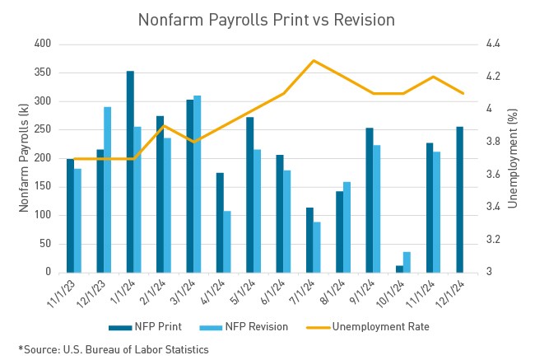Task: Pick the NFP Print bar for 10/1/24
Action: coord(399,269)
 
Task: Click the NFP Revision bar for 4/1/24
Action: coord(227,241)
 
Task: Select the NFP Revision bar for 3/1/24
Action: coord(198,184)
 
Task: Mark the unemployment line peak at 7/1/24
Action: coord(314,60)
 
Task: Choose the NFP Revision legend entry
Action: coord(250,326)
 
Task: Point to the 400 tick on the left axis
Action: coord(43,44)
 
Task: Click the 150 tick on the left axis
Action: coord(43,186)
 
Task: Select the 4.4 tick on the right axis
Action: coord(491,44)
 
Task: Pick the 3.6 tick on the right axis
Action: coord(491,175)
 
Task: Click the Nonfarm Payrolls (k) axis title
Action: coord(24,157)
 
